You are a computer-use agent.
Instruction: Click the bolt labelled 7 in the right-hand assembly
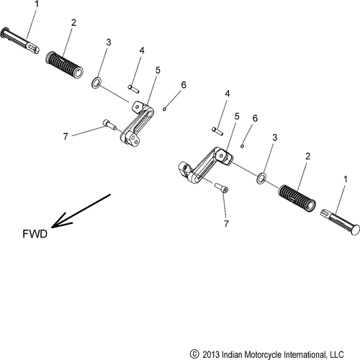coord(221,188)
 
